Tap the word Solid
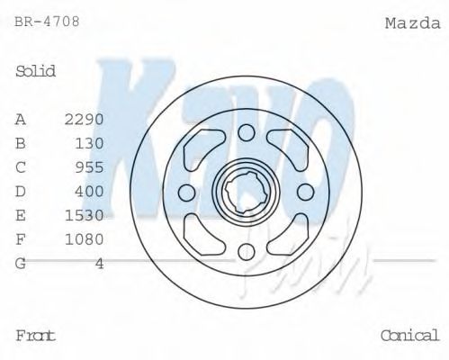(36, 71)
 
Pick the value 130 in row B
(90, 142)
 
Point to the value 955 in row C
(90, 166)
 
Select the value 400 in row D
(90, 191)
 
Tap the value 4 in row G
(100, 264)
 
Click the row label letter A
(21, 119)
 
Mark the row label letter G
(21, 264)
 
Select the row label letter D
(21, 191)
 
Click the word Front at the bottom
(35, 335)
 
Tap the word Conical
(410, 335)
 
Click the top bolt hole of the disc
(247, 134)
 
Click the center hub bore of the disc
(247, 192)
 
